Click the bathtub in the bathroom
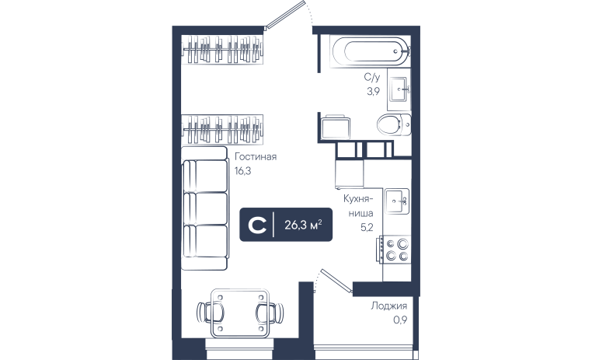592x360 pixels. point(370,51)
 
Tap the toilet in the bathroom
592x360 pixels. point(394,124)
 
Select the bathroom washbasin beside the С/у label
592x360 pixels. point(399,89)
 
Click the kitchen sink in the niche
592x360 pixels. point(397,201)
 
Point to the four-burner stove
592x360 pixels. point(395,250)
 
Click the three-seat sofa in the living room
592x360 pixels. point(205,208)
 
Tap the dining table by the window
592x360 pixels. point(240,313)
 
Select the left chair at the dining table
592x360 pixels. point(210,313)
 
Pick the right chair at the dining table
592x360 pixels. point(270,313)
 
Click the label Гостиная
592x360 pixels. point(256,156)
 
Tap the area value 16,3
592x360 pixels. point(242,171)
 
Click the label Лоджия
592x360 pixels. point(389,306)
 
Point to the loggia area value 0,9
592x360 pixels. point(400,320)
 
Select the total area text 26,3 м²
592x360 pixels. point(303,225)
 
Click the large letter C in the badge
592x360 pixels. point(257,225)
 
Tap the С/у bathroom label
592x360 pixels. point(372,77)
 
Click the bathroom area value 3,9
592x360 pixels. point(373,91)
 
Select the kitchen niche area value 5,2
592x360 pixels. point(367,227)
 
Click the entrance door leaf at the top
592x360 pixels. point(284,15)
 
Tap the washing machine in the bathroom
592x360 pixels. point(335,127)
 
